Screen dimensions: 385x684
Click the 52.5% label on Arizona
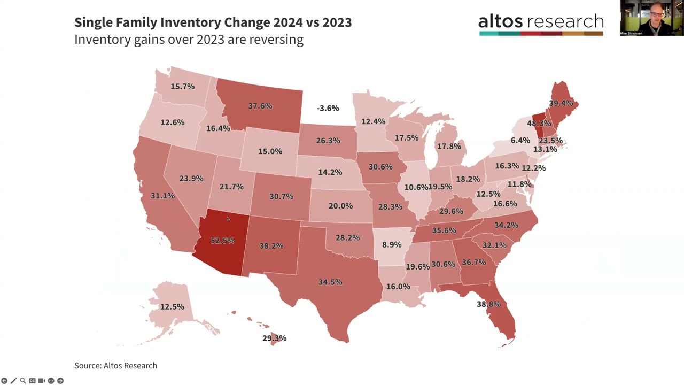[222, 241]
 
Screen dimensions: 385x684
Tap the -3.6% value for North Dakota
[328, 108]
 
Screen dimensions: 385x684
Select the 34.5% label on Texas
[330, 282]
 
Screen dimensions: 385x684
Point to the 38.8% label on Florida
[488, 304]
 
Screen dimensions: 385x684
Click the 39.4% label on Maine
[561, 103]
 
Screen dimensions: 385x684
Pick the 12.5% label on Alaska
[172, 306]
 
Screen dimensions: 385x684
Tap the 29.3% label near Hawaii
[274, 338]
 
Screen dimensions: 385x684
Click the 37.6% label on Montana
[260, 106]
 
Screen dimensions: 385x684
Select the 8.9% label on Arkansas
[392, 244]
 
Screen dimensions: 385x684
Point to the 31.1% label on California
[162, 196]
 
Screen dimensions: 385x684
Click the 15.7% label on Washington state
[182, 86]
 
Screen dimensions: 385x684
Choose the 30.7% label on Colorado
[281, 196]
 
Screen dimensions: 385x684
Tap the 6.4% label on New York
[520, 140]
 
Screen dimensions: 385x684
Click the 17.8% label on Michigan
[449, 146]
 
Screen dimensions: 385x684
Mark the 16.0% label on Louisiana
[398, 286]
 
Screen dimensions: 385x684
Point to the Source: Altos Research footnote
[115, 365]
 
